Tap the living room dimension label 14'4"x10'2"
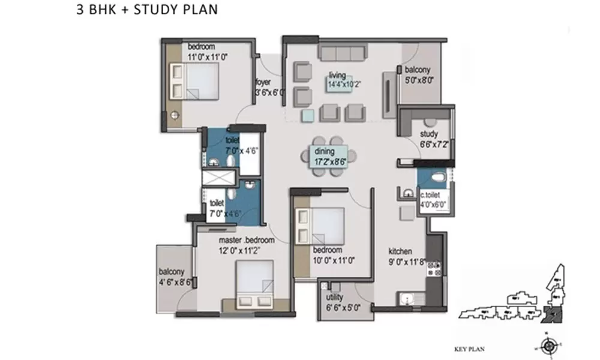tap(344, 85)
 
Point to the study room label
tap(429, 134)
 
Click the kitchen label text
tap(400, 252)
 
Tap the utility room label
tap(334, 298)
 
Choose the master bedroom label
tap(246, 240)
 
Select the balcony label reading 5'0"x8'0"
tap(418, 74)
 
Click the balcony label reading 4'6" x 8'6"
tap(175, 277)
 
